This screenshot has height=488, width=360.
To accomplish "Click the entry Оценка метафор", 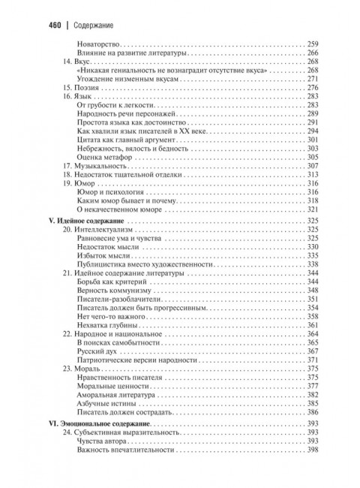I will [103, 156].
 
